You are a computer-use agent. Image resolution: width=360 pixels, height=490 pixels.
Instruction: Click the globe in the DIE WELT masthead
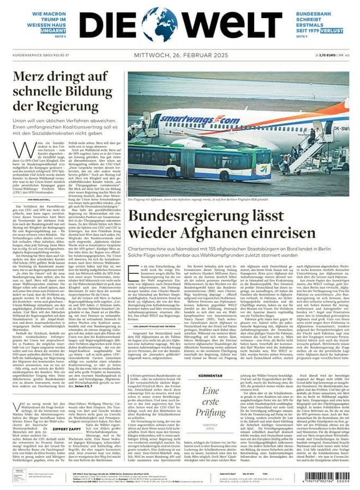point(160,25)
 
